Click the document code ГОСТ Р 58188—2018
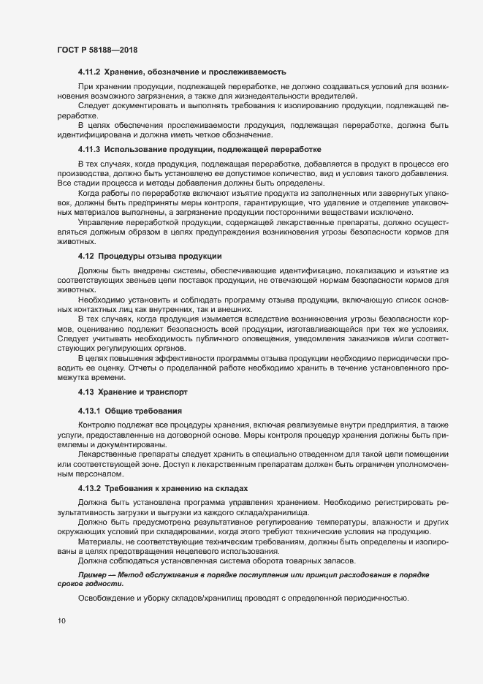[x=97, y=49]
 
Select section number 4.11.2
[x=88, y=72]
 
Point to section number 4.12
[x=85, y=256]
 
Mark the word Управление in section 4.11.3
[x=101, y=220]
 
